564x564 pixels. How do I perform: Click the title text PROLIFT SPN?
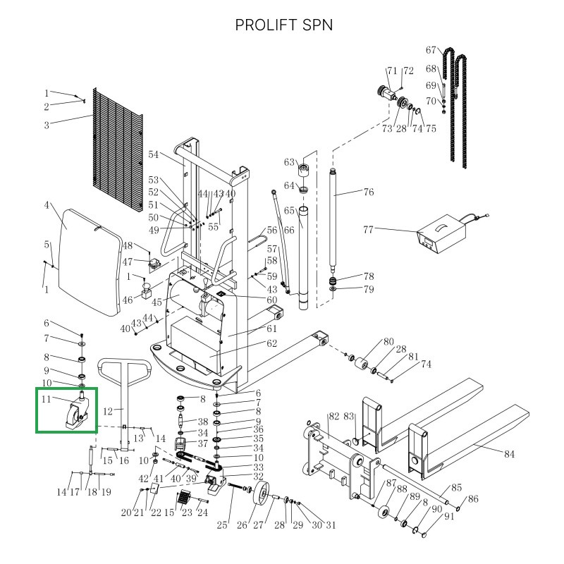[x=283, y=25]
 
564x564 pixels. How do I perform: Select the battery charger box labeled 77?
[x=440, y=237]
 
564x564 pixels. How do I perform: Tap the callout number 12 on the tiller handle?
[x=108, y=411]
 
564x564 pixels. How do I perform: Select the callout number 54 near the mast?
[x=155, y=154]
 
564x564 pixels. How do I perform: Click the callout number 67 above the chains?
[x=431, y=50]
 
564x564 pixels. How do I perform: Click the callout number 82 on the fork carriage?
[x=334, y=417]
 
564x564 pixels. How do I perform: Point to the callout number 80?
[x=388, y=343]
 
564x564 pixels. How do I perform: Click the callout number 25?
[x=223, y=524]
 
